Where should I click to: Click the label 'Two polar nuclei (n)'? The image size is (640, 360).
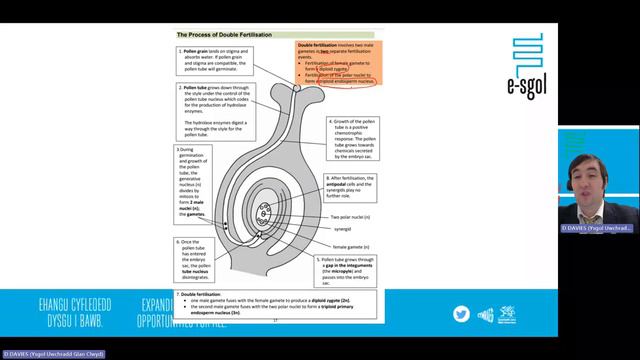pyautogui.click(x=351, y=217)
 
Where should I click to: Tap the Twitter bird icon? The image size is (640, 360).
pyautogui.click(x=461, y=313)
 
